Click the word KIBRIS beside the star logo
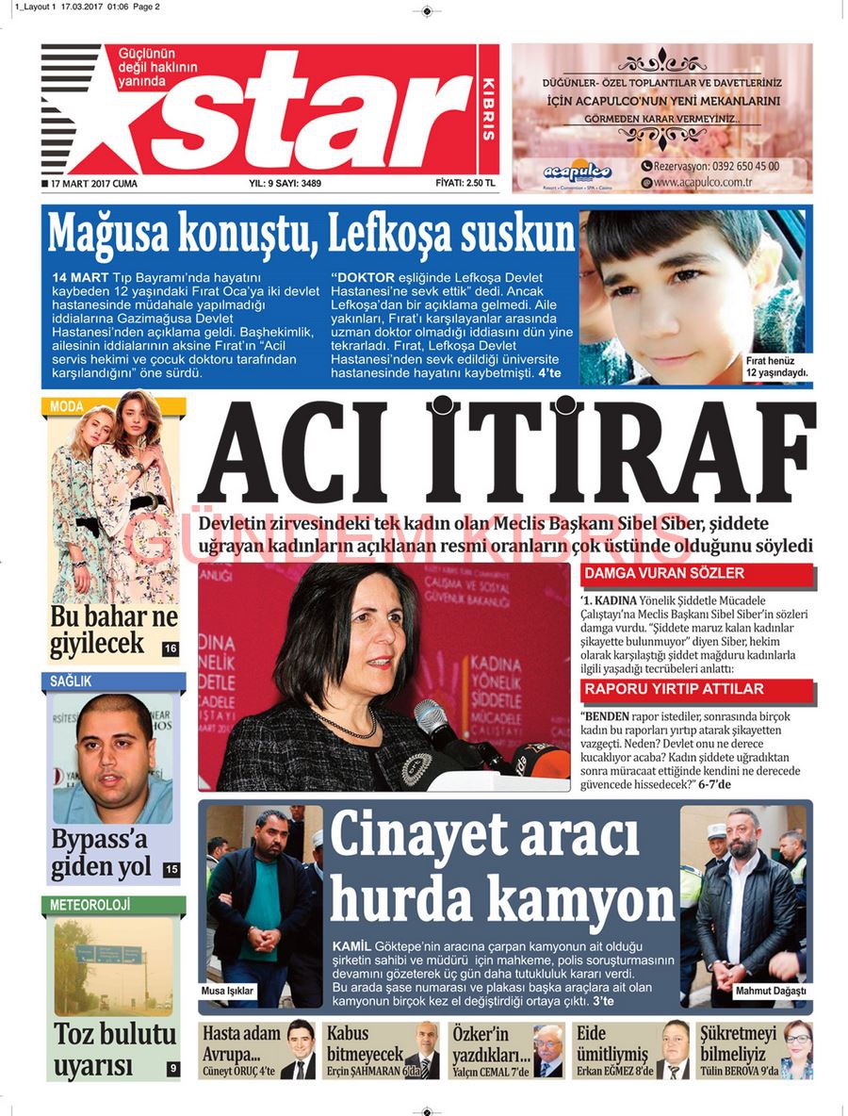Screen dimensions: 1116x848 pyautogui.click(x=487, y=108)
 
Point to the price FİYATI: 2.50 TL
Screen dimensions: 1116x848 pyautogui.click(x=465, y=183)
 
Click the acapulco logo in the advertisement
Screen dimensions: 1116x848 pyautogui.click(x=578, y=172)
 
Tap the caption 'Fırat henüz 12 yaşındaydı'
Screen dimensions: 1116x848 pyautogui.click(x=777, y=367)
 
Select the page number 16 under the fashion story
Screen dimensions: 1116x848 pyautogui.click(x=170, y=648)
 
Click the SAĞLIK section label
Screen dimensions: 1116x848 pyautogui.click(x=72, y=681)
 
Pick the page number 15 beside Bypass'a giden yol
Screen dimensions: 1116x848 pyautogui.click(x=171, y=869)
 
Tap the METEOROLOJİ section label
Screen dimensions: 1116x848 pyautogui.click(x=90, y=905)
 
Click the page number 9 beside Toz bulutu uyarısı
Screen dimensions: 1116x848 pyautogui.click(x=172, y=1068)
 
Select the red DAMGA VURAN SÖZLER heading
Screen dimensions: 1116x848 pyautogui.click(x=664, y=573)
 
